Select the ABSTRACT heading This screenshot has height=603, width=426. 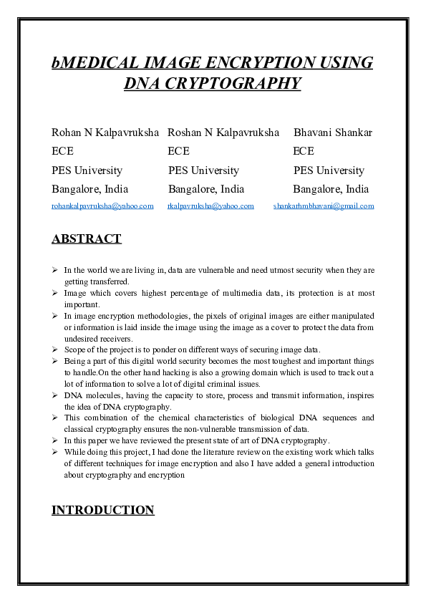(86, 239)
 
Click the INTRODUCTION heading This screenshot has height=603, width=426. (102, 511)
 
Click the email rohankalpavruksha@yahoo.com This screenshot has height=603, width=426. (102, 206)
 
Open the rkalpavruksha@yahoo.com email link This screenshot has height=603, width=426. (210, 206)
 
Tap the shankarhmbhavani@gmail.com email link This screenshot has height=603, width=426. (324, 206)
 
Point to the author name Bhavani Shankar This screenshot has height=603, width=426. (333, 132)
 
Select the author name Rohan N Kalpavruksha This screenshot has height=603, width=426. (105, 132)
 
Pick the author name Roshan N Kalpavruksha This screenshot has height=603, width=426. (223, 132)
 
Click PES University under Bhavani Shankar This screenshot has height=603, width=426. (329, 170)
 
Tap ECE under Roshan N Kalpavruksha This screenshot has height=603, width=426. (178, 151)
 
